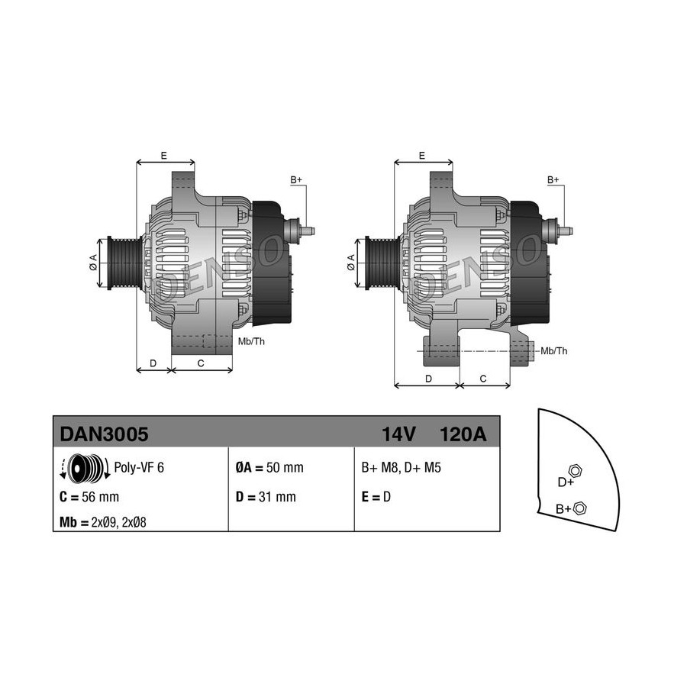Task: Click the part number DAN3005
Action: pos(104,434)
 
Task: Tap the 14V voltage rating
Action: pos(398,434)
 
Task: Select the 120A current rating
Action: pos(463,434)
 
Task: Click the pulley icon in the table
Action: pos(85,469)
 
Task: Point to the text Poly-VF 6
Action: pos(139,467)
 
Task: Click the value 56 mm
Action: pos(100,497)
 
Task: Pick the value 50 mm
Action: pos(285,467)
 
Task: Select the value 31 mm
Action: pos(277,497)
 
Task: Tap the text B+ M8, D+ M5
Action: pos(401,467)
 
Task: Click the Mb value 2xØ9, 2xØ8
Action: pos(119,522)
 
